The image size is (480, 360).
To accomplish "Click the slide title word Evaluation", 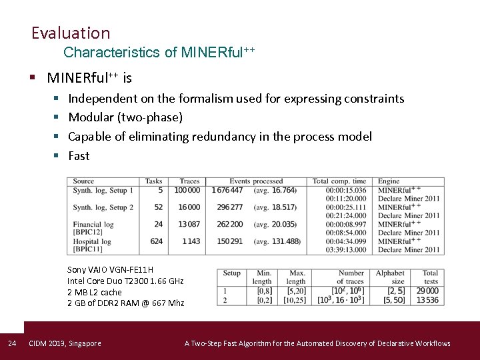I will [70, 33].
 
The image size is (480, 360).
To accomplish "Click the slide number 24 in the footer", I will [11, 343].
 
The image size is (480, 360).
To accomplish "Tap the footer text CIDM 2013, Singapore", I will [65, 343].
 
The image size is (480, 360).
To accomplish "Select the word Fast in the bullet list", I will [79, 155].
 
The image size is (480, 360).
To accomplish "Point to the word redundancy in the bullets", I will [224, 136].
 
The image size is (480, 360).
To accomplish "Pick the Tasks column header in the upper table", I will [153, 181].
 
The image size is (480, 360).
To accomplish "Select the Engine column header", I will [389, 181].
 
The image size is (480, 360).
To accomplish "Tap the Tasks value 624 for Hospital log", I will [156, 241].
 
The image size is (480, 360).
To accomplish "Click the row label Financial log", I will [93, 225].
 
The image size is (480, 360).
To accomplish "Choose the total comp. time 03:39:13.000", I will [346, 250].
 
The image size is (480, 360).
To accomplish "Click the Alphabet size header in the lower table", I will [390, 277].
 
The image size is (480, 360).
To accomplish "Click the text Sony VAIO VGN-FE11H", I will [110, 270].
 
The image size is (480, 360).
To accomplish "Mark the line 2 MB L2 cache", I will [95, 292].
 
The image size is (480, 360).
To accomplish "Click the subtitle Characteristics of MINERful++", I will [159, 52].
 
